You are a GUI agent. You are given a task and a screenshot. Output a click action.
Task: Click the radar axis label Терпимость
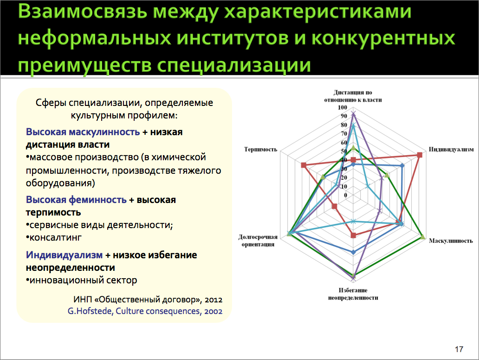point(260,150)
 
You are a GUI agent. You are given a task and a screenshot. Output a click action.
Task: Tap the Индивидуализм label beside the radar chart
point(451,150)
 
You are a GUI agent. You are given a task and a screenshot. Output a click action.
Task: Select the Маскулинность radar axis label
point(451,241)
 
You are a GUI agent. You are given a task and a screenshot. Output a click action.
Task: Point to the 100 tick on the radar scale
point(343,107)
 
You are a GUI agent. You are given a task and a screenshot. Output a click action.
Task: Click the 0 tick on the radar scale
point(345,195)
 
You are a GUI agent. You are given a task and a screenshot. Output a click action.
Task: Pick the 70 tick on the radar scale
point(344,134)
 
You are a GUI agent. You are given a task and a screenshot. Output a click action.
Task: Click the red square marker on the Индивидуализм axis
point(420,155)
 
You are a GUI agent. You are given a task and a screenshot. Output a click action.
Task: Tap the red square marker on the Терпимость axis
point(304,165)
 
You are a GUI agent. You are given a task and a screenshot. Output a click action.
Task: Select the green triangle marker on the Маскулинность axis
point(422,237)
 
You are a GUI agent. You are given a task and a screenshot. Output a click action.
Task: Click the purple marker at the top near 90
point(353,114)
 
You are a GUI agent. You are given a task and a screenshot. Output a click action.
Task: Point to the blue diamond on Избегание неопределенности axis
point(353,252)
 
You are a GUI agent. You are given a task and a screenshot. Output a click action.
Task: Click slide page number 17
point(459,349)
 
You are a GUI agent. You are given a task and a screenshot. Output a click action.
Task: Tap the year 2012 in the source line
point(214,300)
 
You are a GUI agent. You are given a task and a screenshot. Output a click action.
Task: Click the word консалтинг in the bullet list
point(55,237)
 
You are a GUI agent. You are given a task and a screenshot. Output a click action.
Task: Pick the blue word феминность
point(97,200)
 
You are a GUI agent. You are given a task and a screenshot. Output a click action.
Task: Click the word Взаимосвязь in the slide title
point(83,12)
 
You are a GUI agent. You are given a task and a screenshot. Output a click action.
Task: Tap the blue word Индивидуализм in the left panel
point(64,255)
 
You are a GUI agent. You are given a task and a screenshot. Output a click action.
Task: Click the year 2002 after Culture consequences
point(213,311)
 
